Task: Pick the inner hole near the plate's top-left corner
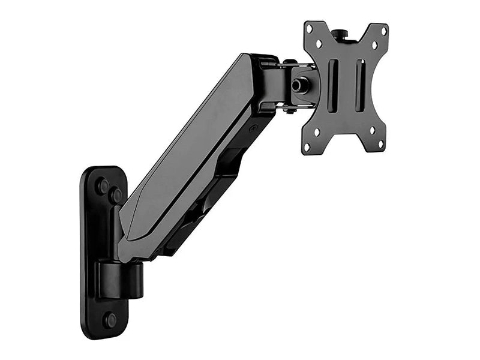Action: (x=320, y=43)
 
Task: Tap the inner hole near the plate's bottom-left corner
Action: (x=317, y=132)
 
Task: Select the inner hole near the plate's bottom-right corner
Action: (x=372, y=130)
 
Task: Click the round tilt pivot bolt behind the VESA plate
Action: (x=298, y=85)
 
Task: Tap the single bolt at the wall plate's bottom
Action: (x=110, y=320)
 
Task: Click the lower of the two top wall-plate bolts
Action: (x=116, y=196)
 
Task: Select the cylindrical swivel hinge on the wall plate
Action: (x=123, y=279)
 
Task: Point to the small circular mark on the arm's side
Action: (x=253, y=128)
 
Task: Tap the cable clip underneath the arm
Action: (x=231, y=162)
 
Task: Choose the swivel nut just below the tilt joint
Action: (x=289, y=110)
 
